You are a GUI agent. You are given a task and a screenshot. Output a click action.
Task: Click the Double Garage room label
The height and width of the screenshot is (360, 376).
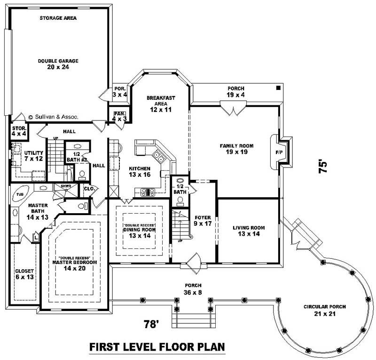(x=58, y=64)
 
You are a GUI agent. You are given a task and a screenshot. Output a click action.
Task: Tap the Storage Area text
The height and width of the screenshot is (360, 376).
(x=58, y=18)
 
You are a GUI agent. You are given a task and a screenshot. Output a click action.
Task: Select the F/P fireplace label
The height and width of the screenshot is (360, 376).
(x=278, y=152)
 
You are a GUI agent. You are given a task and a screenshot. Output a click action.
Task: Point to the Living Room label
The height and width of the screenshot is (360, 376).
(x=249, y=231)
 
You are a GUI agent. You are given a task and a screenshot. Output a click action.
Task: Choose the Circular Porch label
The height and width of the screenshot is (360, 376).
(x=325, y=310)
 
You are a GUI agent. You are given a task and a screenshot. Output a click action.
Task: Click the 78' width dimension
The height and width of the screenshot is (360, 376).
(x=152, y=324)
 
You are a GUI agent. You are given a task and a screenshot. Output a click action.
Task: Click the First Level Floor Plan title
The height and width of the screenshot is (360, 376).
(x=157, y=347)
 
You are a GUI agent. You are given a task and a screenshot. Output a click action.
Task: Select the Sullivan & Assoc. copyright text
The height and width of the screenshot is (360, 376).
(x=53, y=117)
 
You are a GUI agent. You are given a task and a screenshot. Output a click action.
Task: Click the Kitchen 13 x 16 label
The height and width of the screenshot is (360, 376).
(x=140, y=172)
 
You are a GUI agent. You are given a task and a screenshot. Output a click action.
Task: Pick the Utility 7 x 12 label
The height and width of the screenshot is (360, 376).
(x=33, y=156)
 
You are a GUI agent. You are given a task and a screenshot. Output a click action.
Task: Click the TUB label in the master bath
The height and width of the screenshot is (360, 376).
(x=20, y=194)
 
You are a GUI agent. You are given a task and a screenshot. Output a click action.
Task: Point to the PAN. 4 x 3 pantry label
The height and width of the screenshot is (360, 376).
(x=118, y=116)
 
